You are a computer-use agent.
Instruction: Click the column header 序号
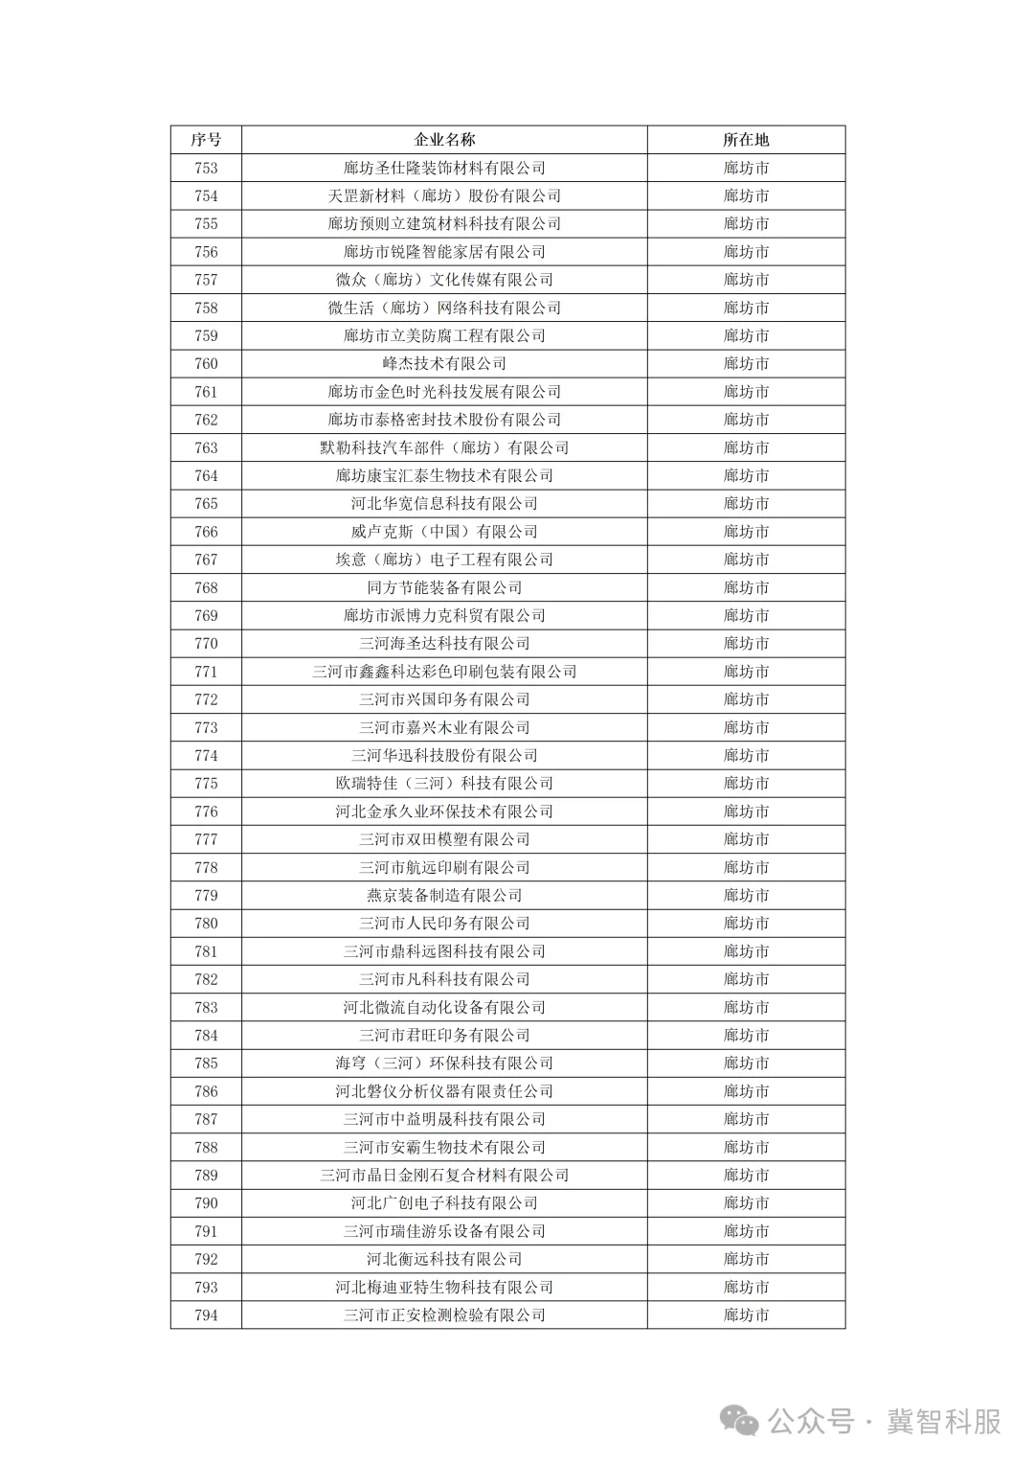coord(206,140)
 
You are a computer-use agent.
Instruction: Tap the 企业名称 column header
coord(444,140)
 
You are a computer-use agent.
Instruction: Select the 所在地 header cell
coord(746,140)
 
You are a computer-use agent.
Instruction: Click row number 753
coord(206,168)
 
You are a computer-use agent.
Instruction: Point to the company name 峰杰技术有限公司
coord(444,364)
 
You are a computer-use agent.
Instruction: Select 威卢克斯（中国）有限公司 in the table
coord(444,532)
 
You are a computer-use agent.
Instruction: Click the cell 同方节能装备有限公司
coord(444,587)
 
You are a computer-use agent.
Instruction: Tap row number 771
coord(206,672)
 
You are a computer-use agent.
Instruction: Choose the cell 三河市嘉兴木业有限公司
coord(444,727)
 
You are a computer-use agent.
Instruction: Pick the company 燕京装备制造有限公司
coord(444,896)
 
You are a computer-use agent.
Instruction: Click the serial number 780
coord(206,924)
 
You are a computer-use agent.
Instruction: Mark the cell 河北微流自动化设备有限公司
coord(444,1007)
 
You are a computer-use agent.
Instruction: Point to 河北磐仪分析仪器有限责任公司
coord(444,1091)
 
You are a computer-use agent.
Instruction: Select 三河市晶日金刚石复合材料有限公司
coord(444,1176)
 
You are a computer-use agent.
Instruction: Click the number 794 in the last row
coord(206,1315)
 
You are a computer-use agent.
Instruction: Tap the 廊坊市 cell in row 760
coord(746,364)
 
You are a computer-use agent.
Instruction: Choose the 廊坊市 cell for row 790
coord(746,1203)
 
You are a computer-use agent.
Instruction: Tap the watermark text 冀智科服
coord(944,1422)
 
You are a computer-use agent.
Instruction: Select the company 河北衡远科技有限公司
coord(444,1259)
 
